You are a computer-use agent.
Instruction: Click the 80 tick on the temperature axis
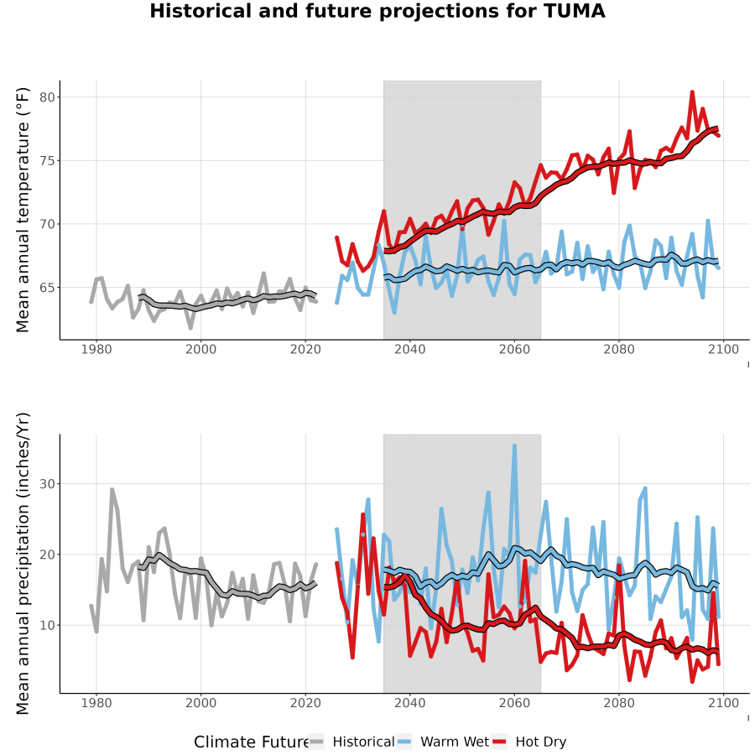coord(47,97)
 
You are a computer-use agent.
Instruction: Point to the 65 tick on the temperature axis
coord(47,288)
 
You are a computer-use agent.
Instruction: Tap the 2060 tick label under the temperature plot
coord(514,349)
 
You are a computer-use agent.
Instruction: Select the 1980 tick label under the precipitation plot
coord(96,703)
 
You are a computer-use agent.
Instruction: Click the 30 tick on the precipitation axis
coord(47,484)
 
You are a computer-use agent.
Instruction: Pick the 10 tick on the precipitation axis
coord(47,626)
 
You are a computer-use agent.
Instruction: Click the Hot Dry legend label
coord(541,742)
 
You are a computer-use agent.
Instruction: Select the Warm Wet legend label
coord(455,742)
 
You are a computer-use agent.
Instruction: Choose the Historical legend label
coord(363,742)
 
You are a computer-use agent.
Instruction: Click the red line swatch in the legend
coord(499,742)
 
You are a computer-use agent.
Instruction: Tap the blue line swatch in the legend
coord(404,742)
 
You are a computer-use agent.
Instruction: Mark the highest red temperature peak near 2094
coord(692,92)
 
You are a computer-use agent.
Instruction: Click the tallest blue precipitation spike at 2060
coord(514,446)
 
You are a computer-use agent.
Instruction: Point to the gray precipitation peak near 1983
coord(112,490)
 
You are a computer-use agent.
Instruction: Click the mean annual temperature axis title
coord(23,210)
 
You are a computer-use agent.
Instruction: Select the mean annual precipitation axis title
coord(23,564)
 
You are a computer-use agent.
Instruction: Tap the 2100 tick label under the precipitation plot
coord(723,703)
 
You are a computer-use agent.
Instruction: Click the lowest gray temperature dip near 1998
coord(190,327)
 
